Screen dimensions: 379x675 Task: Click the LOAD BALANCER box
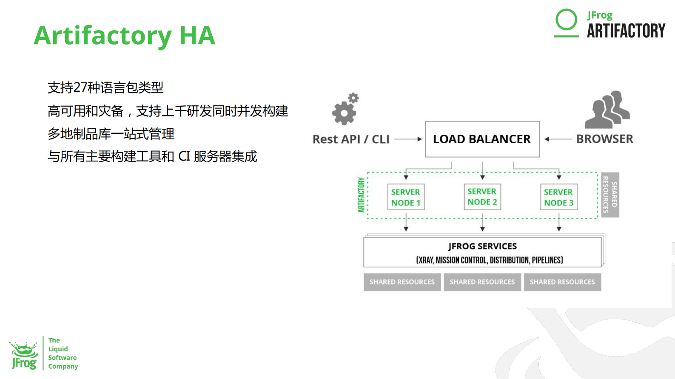tap(482, 139)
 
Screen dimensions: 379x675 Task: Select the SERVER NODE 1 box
tap(406, 197)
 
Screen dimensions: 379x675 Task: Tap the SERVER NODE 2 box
tap(482, 197)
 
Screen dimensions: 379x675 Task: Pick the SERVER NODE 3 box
tap(558, 197)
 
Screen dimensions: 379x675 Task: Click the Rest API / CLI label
tap(351, 139)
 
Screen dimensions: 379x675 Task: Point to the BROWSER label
tap(604, 139)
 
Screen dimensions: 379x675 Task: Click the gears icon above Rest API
tap(345, 109)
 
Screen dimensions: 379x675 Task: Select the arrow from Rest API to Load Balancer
tap(408, 139)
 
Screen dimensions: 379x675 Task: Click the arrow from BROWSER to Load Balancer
tap(558, 139)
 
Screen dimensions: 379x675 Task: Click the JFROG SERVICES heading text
tap(482, 246)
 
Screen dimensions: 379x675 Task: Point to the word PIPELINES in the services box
tap(547, 260)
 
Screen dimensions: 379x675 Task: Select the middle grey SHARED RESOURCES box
tap(482, 282)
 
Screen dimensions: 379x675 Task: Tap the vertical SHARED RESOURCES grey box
tap(610, 195)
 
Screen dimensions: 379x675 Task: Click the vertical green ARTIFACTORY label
tap(362, 195)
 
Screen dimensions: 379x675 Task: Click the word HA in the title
tap(197, 35)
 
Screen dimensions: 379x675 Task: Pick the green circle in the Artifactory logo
tap(566, 20)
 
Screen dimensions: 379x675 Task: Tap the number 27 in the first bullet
tap(80, 88)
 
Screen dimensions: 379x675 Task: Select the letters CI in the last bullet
tap(184, 156)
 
